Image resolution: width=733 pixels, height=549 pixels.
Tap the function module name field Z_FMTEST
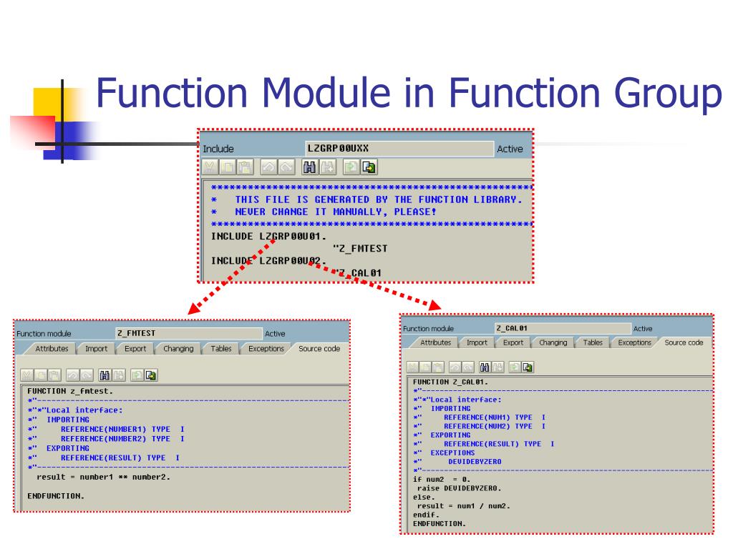(189, 333)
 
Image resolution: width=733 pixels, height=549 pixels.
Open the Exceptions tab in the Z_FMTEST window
(266, 349)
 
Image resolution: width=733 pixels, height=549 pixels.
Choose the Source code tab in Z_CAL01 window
(684, 342)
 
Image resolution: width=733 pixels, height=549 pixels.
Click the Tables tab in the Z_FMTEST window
(220, 349)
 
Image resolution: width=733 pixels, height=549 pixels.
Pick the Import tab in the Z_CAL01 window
(477, 342)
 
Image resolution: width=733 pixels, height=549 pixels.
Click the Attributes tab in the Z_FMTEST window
(52, 349)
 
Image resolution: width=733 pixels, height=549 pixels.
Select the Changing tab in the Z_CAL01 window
(553, 342)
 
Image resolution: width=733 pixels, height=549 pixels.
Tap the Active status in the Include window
(510, 149)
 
